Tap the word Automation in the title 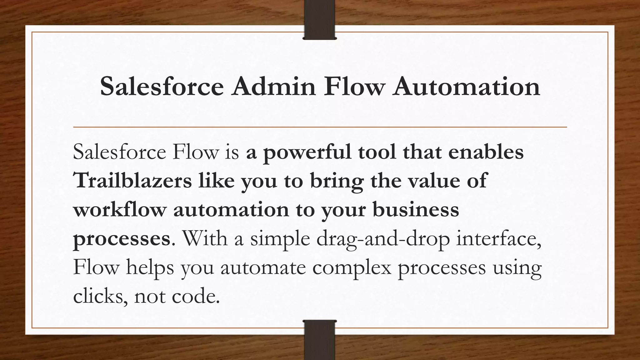(467, 86)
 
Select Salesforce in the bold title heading (162, 86)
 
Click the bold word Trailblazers (132, 181)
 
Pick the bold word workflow (119, 209)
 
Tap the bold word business (416, 209)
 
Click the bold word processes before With (122, 239)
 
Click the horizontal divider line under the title (320, 127)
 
